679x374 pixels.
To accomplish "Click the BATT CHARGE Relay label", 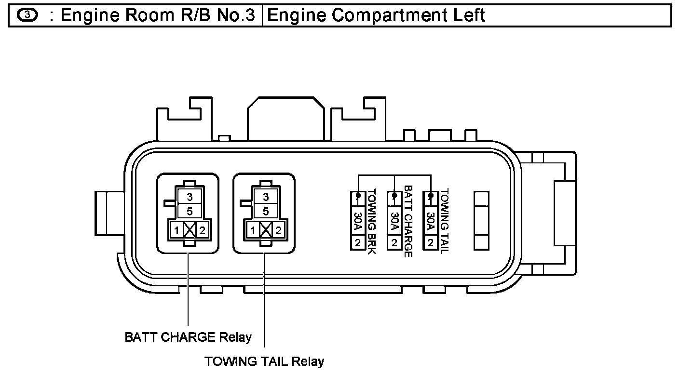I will tap(188, 337).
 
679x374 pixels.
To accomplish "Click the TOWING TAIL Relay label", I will tap(264, 361).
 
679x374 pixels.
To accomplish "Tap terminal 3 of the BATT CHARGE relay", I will tap(190, 197).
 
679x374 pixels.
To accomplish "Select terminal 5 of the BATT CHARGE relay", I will tap(190, 211).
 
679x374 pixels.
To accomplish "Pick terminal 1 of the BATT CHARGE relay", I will tap(177, 231).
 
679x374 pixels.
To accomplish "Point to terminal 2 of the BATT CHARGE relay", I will tap(203, 231).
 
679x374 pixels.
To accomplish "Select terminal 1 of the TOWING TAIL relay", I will tap(253, 231).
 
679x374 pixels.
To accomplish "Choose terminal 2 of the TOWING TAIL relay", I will tap(278, 231).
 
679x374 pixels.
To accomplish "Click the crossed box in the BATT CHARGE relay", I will tap(190, 231).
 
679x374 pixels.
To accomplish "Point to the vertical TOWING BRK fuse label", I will tap(372, 221).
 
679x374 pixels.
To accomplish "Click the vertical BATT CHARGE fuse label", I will tap(408, 221).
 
